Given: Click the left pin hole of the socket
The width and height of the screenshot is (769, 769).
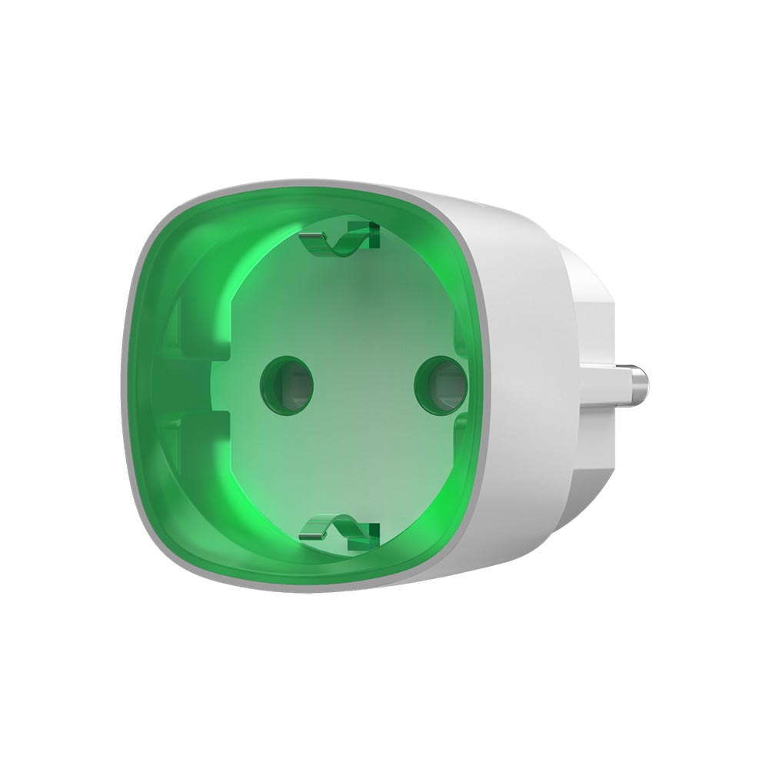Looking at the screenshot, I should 288,381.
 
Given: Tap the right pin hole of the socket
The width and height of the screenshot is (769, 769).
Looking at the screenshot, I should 440,384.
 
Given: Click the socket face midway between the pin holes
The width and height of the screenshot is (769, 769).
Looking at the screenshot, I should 364,382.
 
